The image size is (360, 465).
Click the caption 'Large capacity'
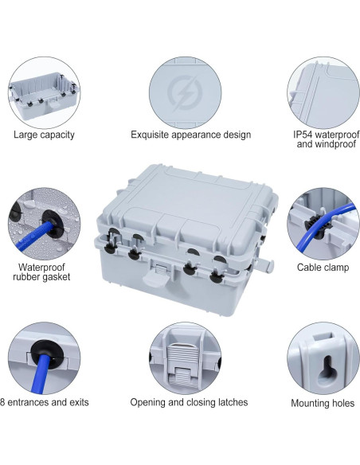[44, 135]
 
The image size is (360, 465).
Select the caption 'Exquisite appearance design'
[190, 135]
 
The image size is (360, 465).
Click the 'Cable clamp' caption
[320, 267]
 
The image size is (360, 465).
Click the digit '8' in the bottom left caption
[3, 402]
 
